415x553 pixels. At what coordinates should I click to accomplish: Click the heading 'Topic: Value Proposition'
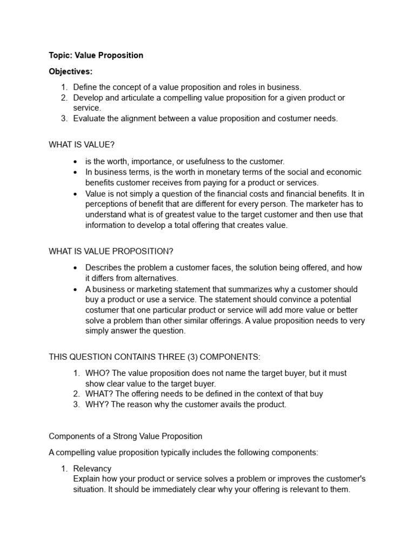coord(96,56)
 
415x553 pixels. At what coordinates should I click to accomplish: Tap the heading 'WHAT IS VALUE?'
coord(82,145)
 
